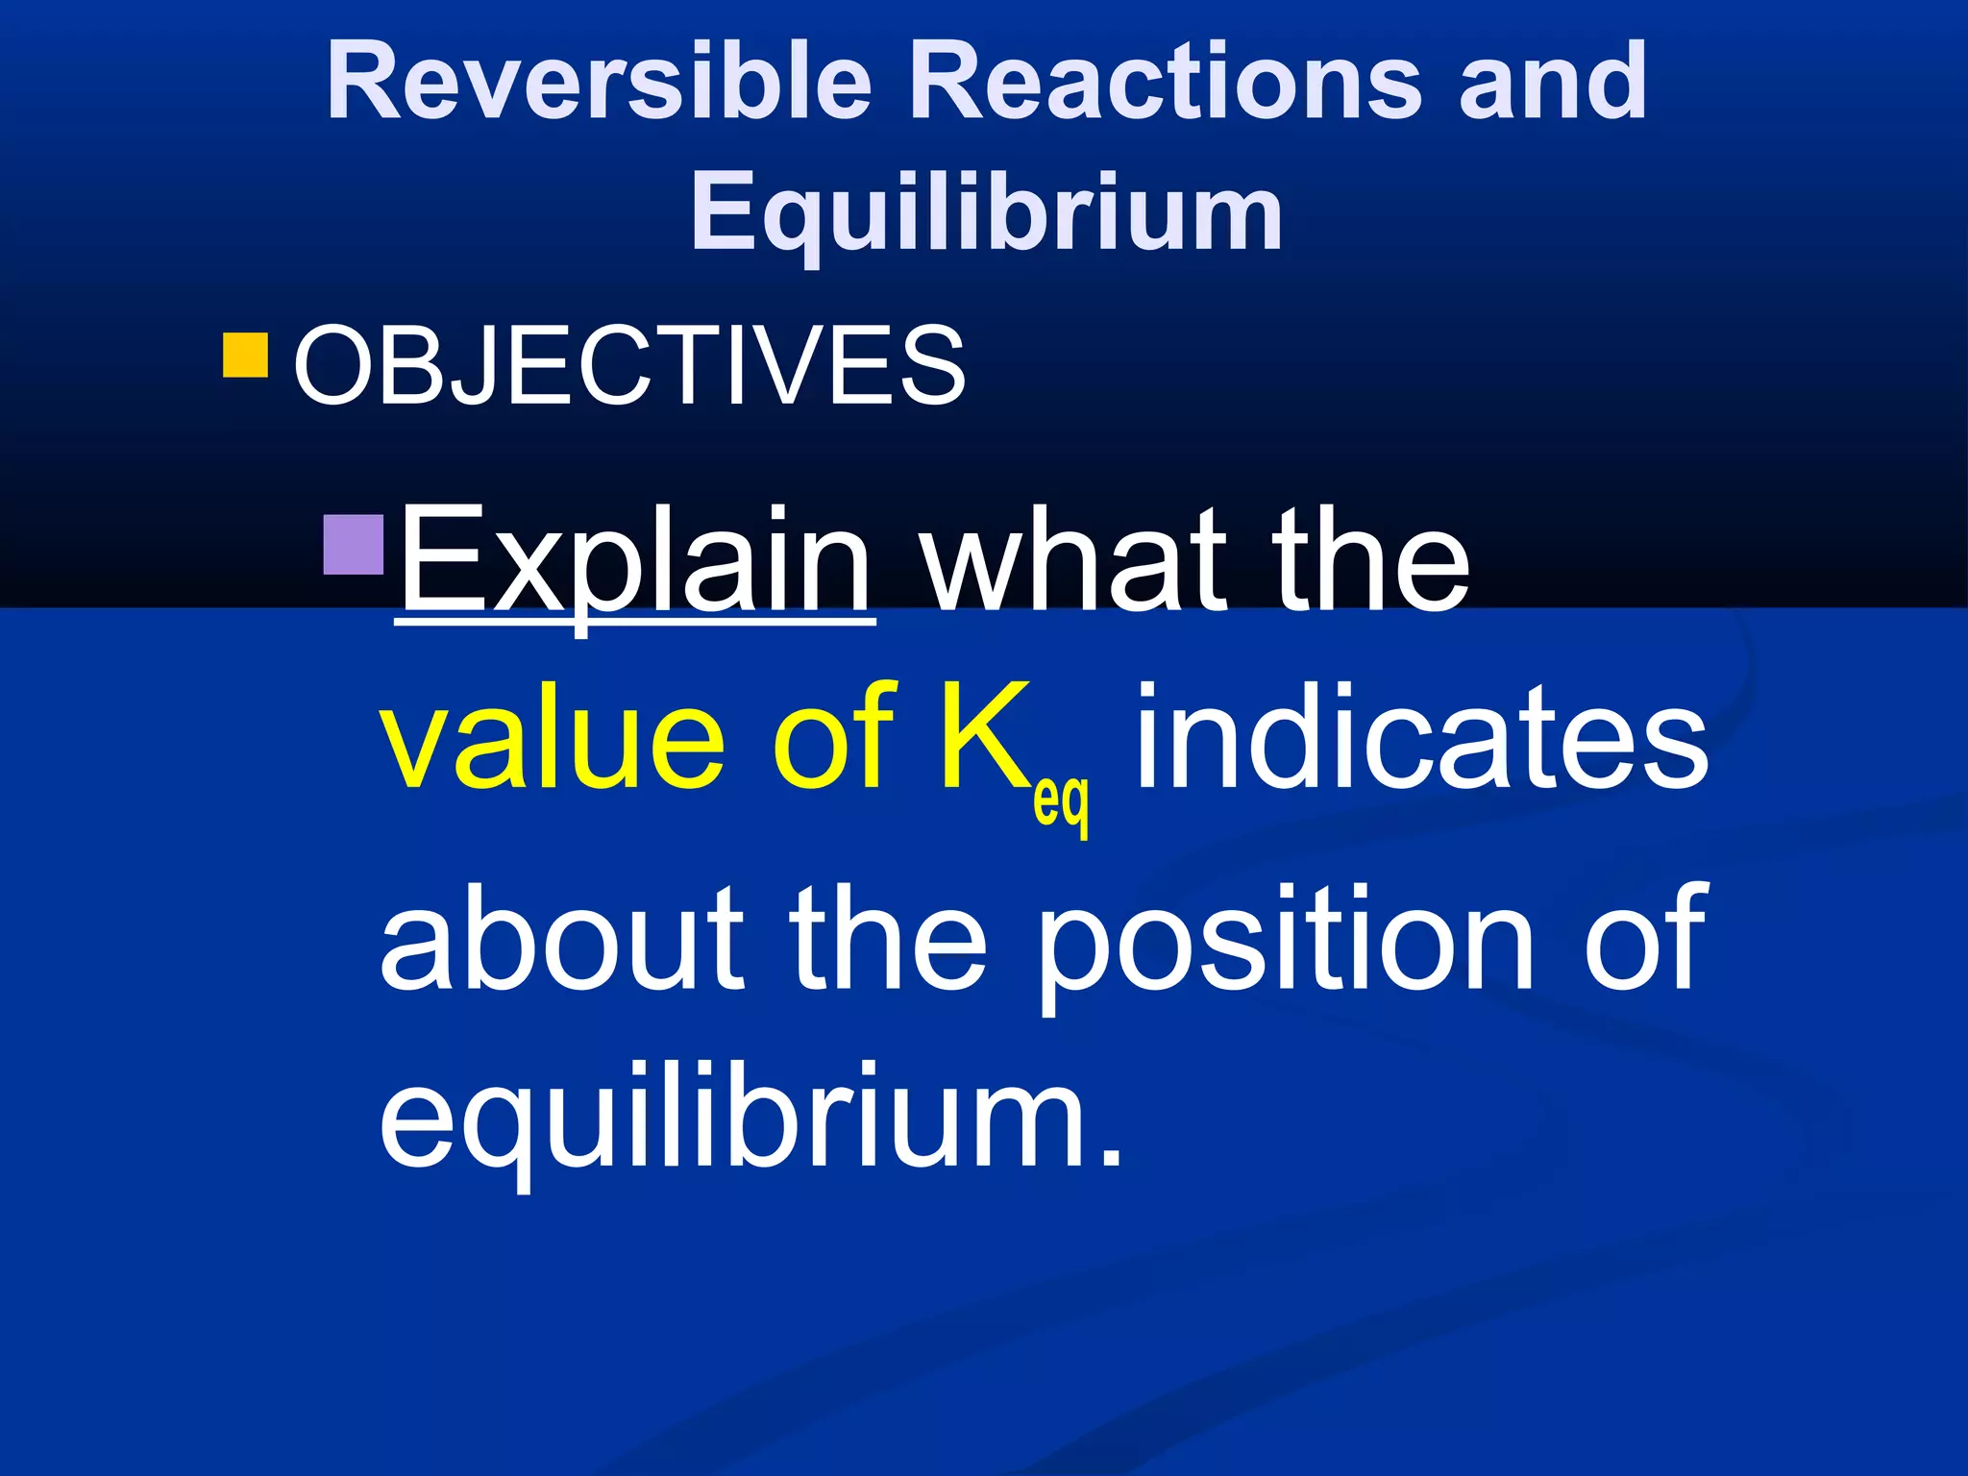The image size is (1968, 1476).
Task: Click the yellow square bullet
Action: (245, 355)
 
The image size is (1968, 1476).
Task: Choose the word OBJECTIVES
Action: (629, 365)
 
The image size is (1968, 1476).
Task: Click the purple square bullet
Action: (354, 545)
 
